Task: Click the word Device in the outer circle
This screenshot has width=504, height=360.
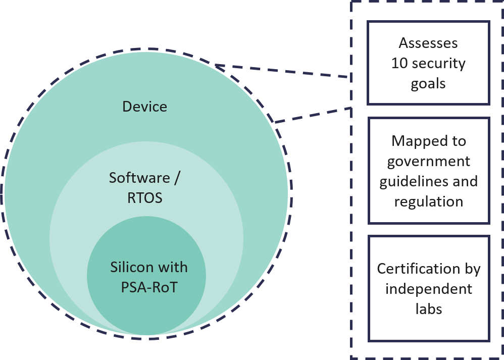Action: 144,107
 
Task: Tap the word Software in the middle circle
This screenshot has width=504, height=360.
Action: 132,178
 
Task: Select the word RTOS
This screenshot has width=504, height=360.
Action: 144,197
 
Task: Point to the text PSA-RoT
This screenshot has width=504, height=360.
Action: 149,287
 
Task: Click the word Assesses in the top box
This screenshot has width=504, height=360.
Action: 428,43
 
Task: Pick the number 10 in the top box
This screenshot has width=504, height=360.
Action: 399,64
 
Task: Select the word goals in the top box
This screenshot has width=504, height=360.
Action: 428,84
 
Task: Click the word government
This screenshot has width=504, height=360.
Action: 428,161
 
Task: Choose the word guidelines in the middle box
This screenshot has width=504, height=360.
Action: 411,181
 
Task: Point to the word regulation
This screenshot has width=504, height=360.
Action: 428,201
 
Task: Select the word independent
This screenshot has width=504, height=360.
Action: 428,289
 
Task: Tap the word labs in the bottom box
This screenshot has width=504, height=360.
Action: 428,308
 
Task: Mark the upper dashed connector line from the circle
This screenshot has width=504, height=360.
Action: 283,71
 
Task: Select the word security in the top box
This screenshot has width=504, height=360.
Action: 438,64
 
